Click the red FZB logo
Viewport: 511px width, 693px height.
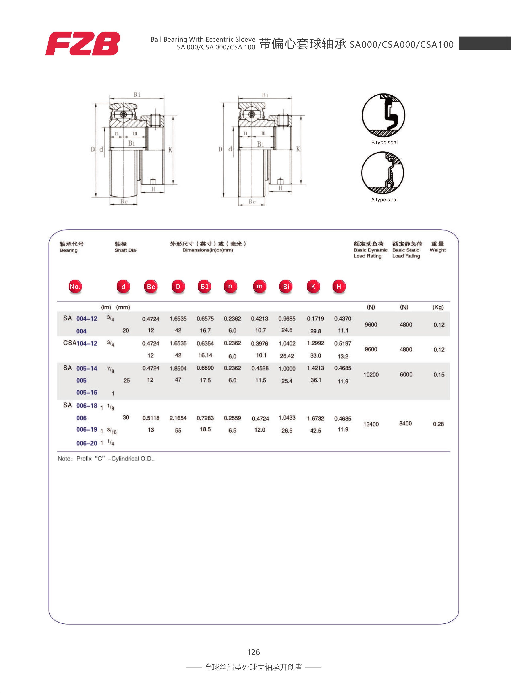(83, 44)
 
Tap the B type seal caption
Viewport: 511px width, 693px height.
(384, 142)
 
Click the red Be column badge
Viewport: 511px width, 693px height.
(151, 287)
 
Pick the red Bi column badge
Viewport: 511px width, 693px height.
(286, 287)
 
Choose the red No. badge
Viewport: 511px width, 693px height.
(75, 287)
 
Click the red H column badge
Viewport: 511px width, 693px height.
(339, 287)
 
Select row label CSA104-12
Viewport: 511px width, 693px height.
(80, 343)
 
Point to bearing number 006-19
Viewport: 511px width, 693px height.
(87, 430)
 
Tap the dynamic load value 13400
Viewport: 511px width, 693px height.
(371, 424)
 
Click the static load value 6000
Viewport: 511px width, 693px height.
(406, 374)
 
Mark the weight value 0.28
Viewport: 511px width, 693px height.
(438, 424)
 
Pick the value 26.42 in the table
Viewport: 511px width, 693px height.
(287, 356)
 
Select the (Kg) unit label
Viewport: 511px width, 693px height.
(438, 307)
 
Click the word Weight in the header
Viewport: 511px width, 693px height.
(437, 250)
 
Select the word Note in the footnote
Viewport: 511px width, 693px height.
(64, 459)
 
